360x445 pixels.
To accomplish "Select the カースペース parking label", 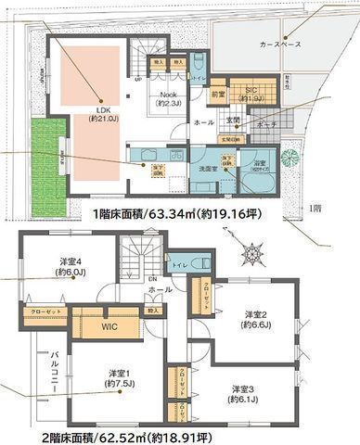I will [x=279, y=44].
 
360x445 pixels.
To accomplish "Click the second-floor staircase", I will [x=139, y=256].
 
